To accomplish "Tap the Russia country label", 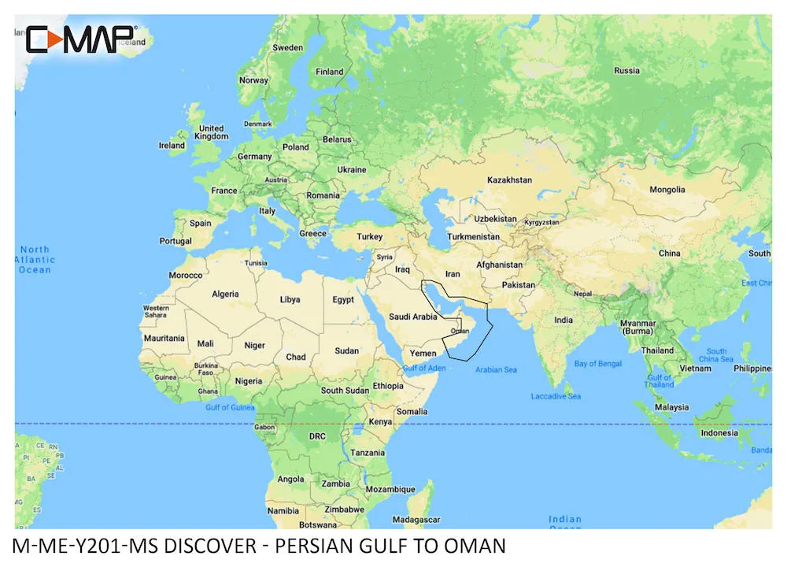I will click(x=626, y=70).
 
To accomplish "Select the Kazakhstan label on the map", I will click(x=509, y=180).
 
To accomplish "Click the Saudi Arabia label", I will click(x=412, y=317).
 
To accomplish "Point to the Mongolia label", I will click(x=667, y=190).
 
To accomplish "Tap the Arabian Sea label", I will click(x=496, y=369).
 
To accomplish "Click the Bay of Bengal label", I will click(x=598, y=364).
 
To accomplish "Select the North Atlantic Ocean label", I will click(x=35, y=259).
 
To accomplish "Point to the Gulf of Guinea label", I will click(x=230, y=407).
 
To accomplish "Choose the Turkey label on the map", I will click(x=369, y=236).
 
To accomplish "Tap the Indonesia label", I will click(x=719, y=432).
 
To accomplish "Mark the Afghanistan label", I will click(x=499, y=265).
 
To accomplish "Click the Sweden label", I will click(x=287, y=48).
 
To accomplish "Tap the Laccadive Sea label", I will click(x=556, y=396).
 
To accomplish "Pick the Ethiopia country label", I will click(x=388, y=386).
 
